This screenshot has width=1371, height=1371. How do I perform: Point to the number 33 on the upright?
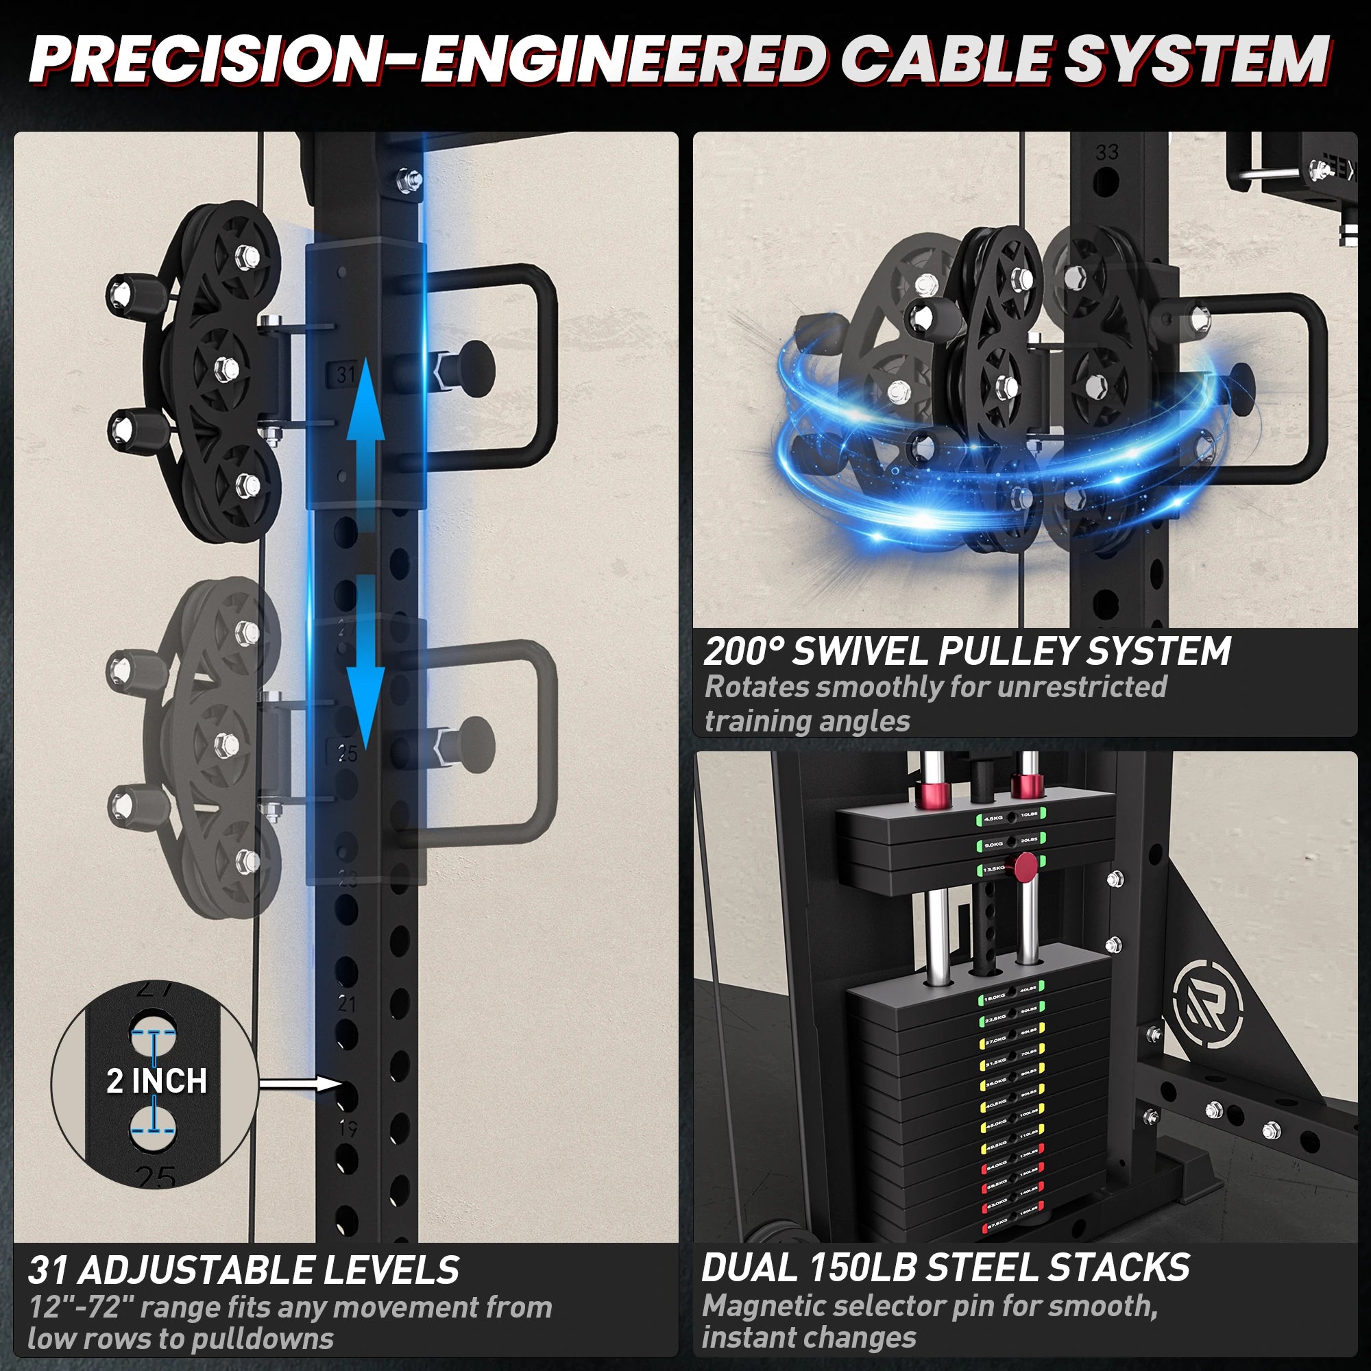click(1107, 153)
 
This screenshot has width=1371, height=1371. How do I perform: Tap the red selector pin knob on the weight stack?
click(1025, 867)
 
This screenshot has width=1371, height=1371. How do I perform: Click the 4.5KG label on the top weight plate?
click(993, 818)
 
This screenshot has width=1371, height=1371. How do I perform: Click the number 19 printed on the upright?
click(348, 1128)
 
